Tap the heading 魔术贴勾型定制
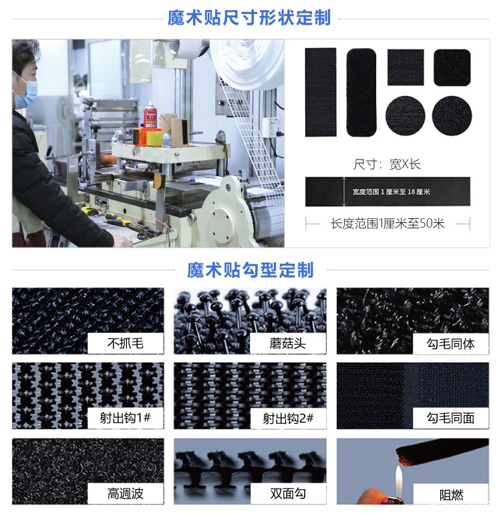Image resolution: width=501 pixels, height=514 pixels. pos(250,270)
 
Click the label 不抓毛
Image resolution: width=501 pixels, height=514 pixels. pos(126,344)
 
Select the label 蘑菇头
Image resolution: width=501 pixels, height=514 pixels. pos(288,344)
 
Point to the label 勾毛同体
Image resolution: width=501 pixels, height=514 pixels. pos(451,344)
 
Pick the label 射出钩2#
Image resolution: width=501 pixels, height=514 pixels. pos(288,419)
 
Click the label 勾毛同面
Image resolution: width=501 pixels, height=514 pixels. pos(451,419)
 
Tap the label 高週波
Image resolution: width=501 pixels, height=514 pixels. pos(126,494)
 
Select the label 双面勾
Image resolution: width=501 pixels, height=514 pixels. pos(288,494)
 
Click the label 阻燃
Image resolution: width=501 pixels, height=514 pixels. pos(451,495)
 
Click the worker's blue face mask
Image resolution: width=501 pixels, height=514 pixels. pos(25,91)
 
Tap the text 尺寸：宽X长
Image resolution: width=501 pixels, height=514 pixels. pos(387,164)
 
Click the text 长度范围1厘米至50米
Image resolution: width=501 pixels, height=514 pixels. pos(387,224)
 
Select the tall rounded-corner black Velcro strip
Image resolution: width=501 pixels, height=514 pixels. pos(361,92)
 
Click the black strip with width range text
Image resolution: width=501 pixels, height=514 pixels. pos(387,192)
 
